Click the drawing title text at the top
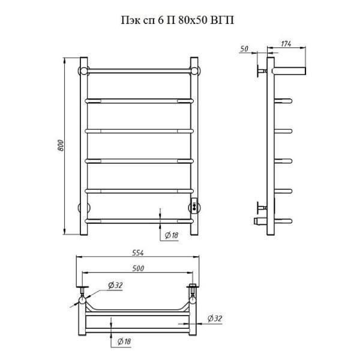(x=178, y=20)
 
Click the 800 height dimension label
(x=61, y=145)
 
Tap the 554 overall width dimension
(x=138, y=253)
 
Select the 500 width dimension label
(x=138, y=268)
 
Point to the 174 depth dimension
(x=286, y=44)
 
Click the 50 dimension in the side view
(x=244, y=49)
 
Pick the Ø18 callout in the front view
(x=172, y=235)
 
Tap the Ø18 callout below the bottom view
(x=124, y=341)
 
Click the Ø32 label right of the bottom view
(x=215, y=319)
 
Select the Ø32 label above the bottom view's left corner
(x=115, y=285)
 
